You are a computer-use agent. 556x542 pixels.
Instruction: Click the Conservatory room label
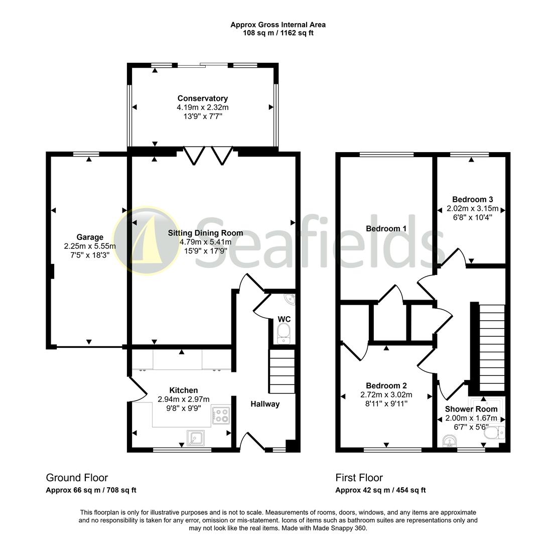point(202,98)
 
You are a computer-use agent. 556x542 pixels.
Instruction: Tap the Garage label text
point(90,237)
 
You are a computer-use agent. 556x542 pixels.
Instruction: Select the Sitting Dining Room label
point(205,233)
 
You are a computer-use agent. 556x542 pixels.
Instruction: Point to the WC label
point(284,319)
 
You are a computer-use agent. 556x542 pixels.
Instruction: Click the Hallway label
point(265,404)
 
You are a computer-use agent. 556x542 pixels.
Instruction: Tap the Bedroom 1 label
point(386,228)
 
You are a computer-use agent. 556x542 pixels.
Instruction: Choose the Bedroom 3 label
point(472,199)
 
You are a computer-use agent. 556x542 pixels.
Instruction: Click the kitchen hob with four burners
point(221,416)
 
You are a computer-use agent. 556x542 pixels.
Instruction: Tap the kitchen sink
point(196,437)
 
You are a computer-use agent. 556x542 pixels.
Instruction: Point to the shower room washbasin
point(449,441)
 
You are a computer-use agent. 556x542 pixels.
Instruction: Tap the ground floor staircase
point(282,371)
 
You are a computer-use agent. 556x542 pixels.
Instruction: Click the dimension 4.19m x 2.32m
point(202,107)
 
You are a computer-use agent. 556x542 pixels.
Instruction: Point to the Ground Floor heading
point(77,478)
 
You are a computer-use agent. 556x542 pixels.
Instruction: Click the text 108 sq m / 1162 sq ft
point(278,33)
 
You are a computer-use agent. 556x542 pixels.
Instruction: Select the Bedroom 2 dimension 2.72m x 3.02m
point(386,394)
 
